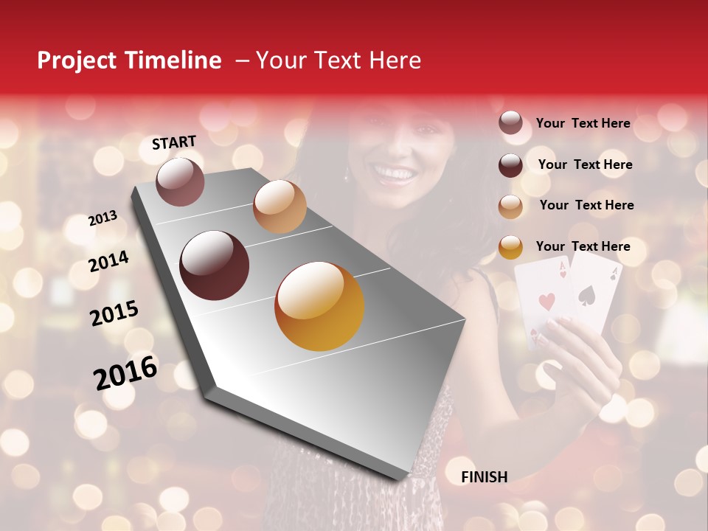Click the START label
174,142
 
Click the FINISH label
484,477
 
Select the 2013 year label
103,218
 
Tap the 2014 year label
108,261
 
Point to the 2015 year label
114,313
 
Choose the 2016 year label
125,372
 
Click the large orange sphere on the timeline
319,306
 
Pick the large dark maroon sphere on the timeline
215,265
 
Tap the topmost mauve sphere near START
180,181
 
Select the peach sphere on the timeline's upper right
280,206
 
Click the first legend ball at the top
510,123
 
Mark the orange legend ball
510,247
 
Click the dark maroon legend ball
510,165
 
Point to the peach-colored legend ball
510,206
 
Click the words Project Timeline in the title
129,60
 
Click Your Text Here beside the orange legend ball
583,246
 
